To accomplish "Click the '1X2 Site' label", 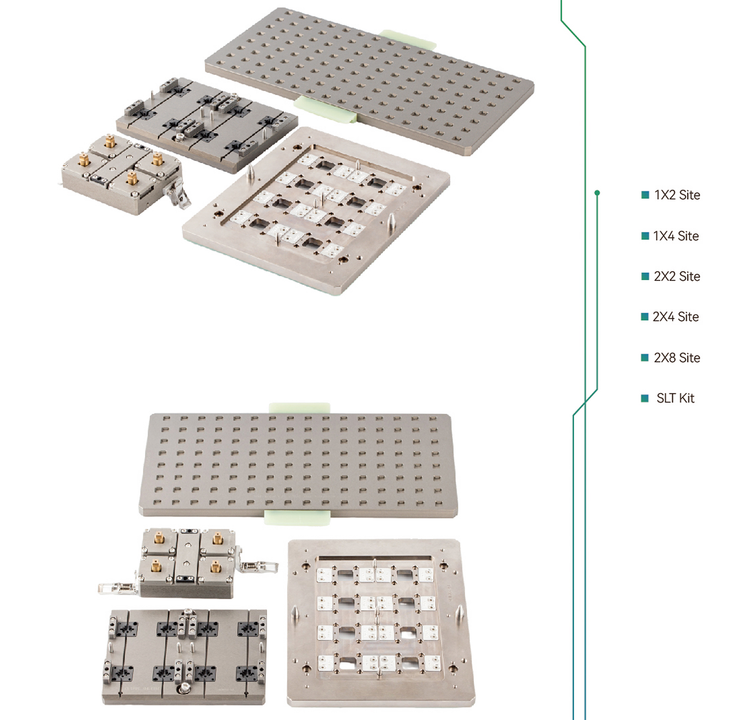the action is coord(677,195).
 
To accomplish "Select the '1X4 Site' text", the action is coord(676,236).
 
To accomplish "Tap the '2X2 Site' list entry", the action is coord(677,276).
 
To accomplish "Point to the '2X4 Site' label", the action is coord(676,317).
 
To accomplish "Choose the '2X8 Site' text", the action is coord(677,358).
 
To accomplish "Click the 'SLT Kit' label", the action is coord(676,398).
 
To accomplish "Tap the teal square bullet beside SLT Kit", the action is coord(645,398).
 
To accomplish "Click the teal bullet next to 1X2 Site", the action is coord(645,195).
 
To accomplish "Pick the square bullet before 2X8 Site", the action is coord(645,358).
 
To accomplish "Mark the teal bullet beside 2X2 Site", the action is coord(645,276).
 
